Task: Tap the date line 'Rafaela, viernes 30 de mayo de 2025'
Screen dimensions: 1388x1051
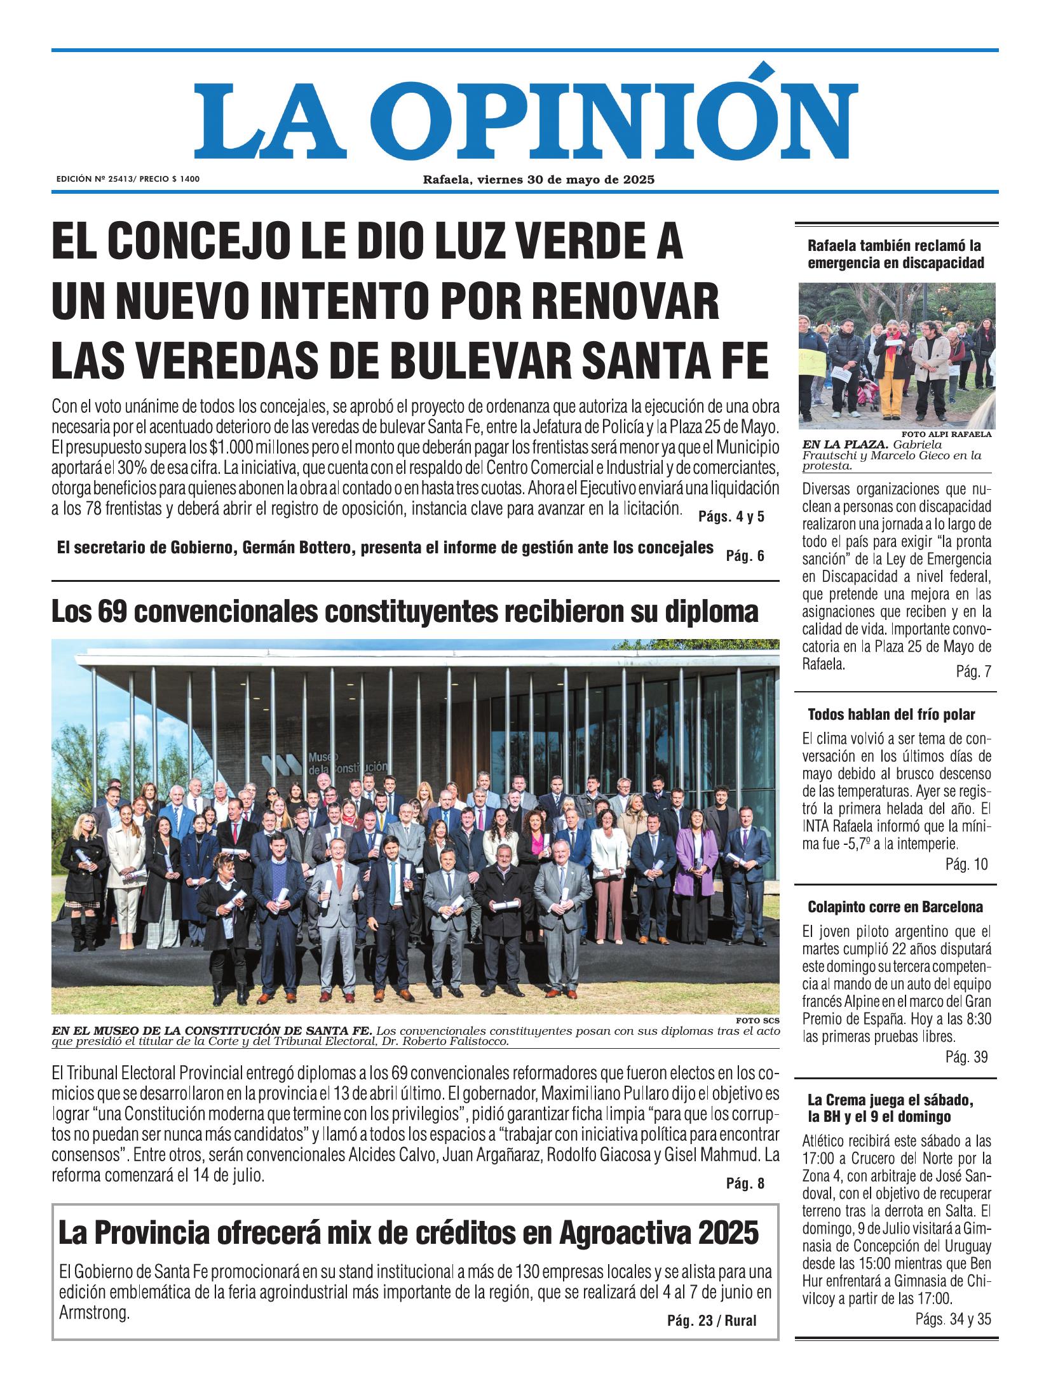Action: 539,180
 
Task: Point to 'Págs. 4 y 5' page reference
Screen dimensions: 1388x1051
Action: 731,516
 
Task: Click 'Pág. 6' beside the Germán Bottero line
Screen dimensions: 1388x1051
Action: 744,556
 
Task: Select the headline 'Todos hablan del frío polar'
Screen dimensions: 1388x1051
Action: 891,715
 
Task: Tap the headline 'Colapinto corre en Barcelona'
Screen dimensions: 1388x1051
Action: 895,907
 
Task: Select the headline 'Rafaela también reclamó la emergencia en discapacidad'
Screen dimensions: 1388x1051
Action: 895,254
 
